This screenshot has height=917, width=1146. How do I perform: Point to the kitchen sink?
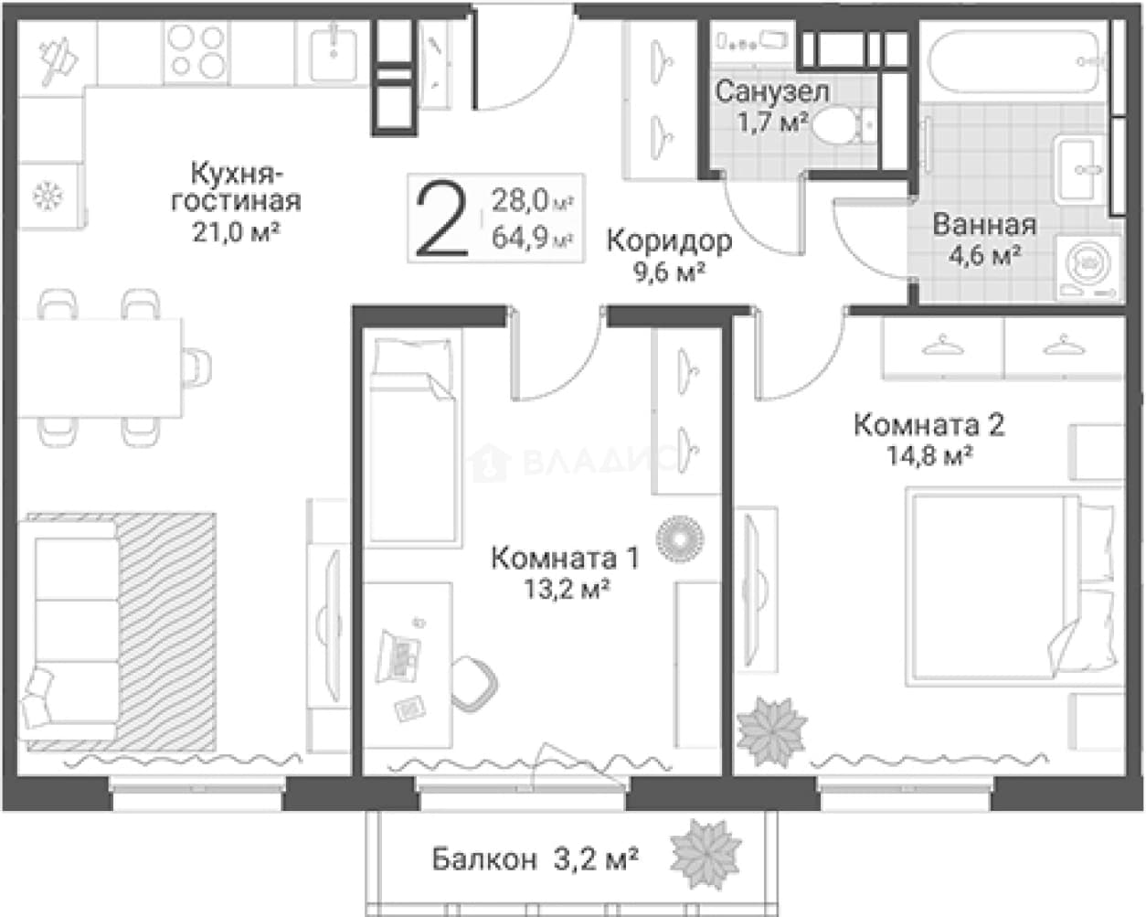tap(334, 54)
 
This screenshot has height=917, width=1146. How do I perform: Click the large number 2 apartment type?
tap(442, 219)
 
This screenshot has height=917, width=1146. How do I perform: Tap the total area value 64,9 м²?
tap(533, 237)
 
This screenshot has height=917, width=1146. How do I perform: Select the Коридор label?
tap(669, 241)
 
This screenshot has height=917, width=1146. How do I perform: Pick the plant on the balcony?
tap(706, 855)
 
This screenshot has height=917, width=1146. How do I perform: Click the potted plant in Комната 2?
tap(771, 731)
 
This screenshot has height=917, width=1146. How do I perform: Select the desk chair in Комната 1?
tap(474, 684)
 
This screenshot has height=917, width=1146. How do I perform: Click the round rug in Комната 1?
tap(680, 538)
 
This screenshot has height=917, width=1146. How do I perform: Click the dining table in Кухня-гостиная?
tap(101, 368)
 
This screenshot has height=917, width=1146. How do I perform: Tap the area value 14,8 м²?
tap(929, 456)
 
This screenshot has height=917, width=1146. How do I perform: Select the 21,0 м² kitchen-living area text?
tap(236, 232)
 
